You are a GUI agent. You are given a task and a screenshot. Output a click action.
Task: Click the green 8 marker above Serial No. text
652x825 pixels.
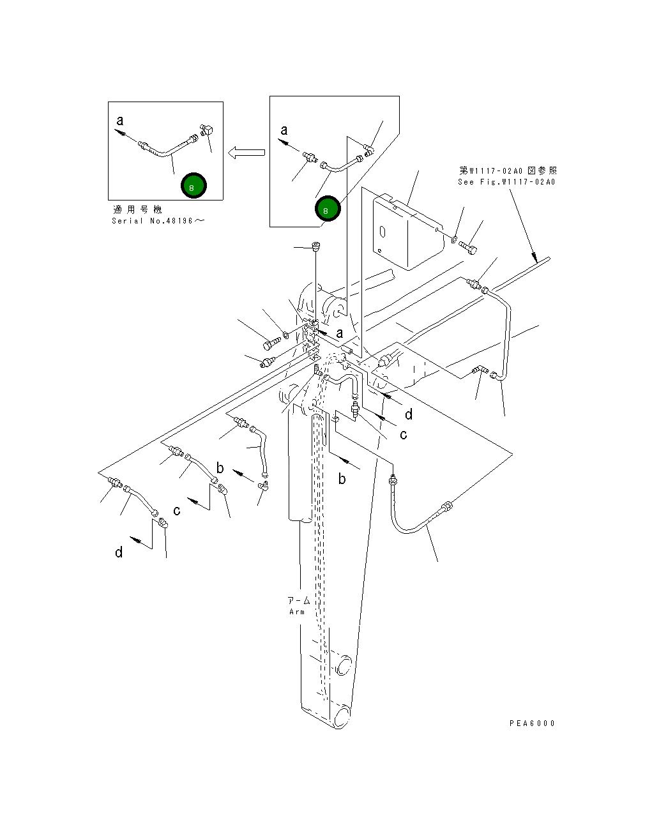(x=193, y=186)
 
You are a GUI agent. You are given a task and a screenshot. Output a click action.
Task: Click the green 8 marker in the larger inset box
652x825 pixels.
(x=328, y=209)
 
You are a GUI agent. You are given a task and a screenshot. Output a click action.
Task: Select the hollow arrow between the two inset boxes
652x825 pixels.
(x=246, y=153)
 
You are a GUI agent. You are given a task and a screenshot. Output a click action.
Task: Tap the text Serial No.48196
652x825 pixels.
(x=158, y=221)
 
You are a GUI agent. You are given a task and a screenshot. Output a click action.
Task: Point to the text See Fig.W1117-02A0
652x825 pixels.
(x=506, y=182)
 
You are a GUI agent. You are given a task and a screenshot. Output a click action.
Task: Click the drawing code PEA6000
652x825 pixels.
(x=533, y=723)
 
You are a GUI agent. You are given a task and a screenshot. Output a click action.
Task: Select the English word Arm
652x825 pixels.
(x=297, y=612)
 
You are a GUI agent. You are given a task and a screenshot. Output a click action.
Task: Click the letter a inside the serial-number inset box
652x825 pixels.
(x=120, y=121)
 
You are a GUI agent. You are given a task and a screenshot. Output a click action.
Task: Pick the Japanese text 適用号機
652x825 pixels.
(x=137, y=209)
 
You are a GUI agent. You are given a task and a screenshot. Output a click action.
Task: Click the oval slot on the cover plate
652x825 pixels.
(x=383, y=232)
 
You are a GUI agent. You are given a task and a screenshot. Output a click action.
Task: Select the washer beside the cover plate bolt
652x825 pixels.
(x=454, y=240)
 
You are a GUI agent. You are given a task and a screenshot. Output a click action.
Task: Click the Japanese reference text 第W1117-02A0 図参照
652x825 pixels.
(x=508, y=170)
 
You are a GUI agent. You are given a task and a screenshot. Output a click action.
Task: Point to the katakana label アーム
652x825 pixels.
(x=299, y=601)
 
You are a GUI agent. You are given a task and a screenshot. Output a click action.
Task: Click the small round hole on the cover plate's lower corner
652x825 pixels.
(x=379, y=251)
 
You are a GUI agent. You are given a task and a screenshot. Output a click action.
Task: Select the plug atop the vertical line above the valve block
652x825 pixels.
(x=316, y=246)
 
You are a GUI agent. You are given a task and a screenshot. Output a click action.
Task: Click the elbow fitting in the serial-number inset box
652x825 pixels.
(x=206, y=130)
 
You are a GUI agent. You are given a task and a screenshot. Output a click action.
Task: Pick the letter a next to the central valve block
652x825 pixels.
(x=340, y=333)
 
